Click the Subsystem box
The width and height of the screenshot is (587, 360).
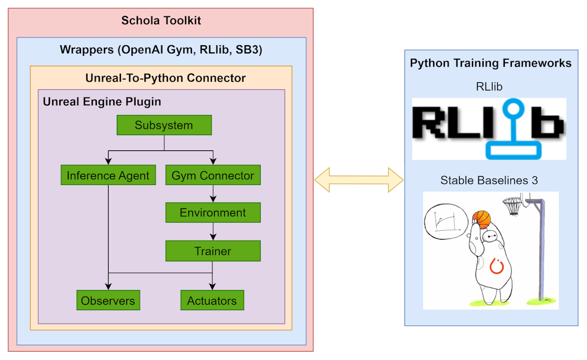coord(164,125)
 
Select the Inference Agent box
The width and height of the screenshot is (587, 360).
coord(108,175)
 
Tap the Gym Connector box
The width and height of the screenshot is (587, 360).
coord(212,175)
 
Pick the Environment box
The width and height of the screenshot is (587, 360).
coord(212,213)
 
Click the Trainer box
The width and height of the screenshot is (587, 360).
coord(212,251)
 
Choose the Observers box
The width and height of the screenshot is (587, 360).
coord(108,301)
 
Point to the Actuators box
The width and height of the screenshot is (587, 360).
coord(212,301)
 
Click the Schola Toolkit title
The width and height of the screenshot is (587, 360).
coord(161,21)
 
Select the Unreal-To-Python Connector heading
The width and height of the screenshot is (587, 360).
coord(166,78)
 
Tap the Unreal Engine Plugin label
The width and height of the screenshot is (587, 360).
coord(102,102)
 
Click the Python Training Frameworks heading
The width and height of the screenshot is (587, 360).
coord(490,63)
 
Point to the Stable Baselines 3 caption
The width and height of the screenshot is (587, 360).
coord(489,180)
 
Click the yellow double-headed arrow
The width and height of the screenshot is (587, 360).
coord(359,179)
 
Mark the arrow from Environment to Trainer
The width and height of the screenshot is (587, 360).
coord(212,232)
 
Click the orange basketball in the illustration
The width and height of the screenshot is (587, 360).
coord(481,219)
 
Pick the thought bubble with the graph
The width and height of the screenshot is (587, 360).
coord(446,223)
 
